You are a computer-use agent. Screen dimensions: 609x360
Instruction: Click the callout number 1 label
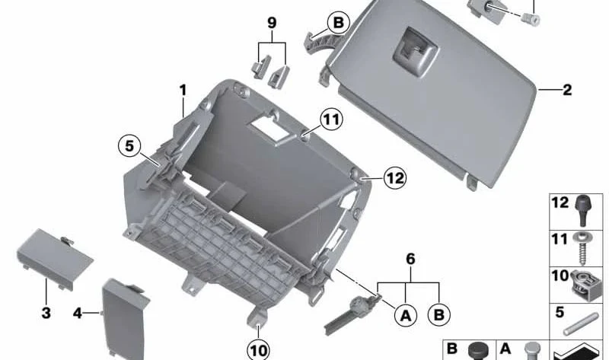click(x=183, y=91)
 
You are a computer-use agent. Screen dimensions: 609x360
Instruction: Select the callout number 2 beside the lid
click(x=567, y=90)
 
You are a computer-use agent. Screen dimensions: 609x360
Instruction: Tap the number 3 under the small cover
click(x=46, y=313)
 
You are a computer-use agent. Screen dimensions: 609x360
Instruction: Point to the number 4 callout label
click(x=78, y=313)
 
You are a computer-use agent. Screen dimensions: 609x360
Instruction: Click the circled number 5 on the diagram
click(x=129, y=146)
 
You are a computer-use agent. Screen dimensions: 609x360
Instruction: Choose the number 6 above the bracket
click(x=410, y=259)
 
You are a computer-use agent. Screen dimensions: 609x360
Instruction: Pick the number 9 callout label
click(x=272, y=23)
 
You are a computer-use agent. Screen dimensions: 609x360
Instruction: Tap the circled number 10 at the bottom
click(x=258, y=351)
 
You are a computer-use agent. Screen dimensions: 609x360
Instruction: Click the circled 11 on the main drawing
click(x=331, y=119)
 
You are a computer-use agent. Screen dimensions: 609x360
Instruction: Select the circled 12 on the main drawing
click(x=395, y=178)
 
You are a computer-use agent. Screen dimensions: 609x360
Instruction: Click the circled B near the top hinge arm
click(x=338, y=23)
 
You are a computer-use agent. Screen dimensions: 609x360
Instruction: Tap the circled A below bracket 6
click(x=406, y=315)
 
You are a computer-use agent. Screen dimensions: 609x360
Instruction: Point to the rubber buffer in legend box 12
click(x=582, y=210)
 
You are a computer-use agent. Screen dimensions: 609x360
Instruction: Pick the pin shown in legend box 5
click(x=581, y=324)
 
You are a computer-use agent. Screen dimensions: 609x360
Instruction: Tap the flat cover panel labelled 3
click(x=54, y=258)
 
